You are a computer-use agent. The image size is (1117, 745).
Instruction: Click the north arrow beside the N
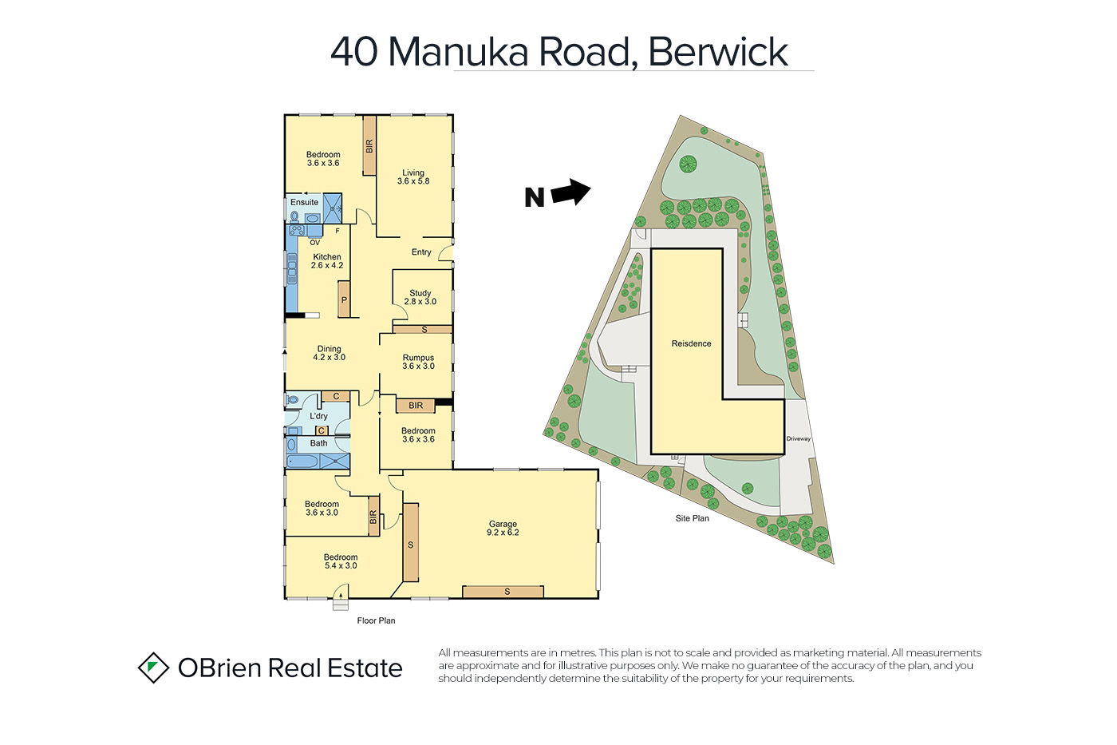[x=571, y=192]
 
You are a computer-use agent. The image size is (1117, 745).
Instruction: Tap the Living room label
[x=413, y=177]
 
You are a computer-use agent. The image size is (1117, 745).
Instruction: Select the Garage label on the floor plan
[x=503, y=528]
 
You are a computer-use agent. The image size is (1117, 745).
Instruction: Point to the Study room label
[x=420, y=297]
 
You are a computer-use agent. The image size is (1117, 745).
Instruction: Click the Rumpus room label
[x=418, y=362]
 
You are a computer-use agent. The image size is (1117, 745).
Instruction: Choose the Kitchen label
[x=327, y=261]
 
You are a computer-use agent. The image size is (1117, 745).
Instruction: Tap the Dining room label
[x=329, y=353]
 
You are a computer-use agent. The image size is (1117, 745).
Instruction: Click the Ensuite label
[x=304, y=202]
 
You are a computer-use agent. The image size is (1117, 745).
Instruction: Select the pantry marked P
[x=344, y=299]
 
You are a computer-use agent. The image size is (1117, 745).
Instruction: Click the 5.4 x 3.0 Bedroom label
[x=341, y=561]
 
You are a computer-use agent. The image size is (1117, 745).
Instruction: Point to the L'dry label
[x=318, y=416]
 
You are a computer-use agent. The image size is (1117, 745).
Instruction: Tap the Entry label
[x=421, y=252]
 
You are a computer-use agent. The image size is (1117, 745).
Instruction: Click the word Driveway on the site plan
[x=799, y=439]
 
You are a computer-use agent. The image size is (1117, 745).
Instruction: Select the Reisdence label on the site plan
[x=691, y=343]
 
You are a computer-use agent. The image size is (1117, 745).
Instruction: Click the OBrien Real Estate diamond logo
[x=153, y=668]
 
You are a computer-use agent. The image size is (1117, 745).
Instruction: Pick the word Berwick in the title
[x=718, y=52]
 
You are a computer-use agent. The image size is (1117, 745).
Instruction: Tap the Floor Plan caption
[x=376, y=620]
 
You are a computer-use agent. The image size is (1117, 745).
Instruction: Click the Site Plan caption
[x=693, y=518]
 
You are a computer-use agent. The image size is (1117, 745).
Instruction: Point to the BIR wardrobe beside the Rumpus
[x=416, y=406]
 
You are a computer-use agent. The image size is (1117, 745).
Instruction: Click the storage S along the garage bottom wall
[x=503, y=592]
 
